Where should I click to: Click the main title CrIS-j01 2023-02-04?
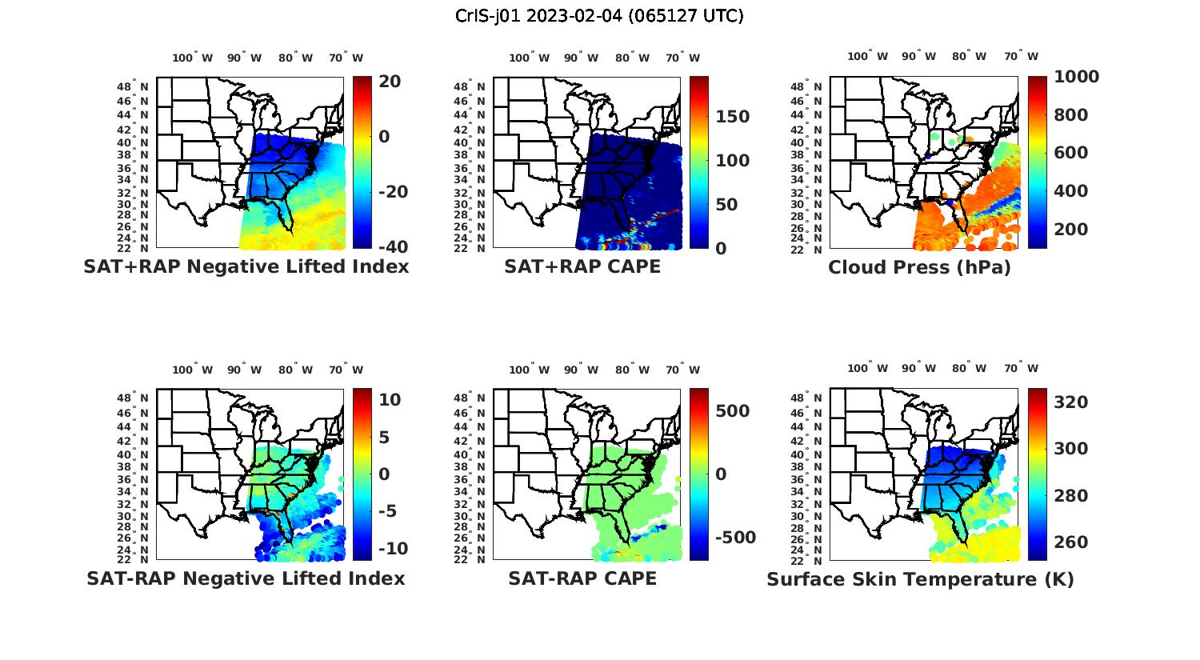point(599,16)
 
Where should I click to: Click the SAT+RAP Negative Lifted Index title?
point(246,266)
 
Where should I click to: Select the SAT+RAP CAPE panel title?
point(582,266)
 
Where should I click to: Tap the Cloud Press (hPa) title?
point(919,267)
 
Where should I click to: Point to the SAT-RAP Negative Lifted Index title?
point(246,578)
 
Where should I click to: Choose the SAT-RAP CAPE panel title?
point(582,578)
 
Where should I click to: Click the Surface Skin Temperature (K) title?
point(920,579)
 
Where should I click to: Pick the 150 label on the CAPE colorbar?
point(732,117)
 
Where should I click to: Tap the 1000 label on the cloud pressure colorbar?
point(1076,77)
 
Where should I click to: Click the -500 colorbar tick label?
point(734,538)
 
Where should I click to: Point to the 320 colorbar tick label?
point(1071,402)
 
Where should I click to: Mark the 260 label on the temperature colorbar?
point(1071,542)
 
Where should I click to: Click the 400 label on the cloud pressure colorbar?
point(1071,191)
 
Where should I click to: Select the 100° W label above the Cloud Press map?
point(868,56)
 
